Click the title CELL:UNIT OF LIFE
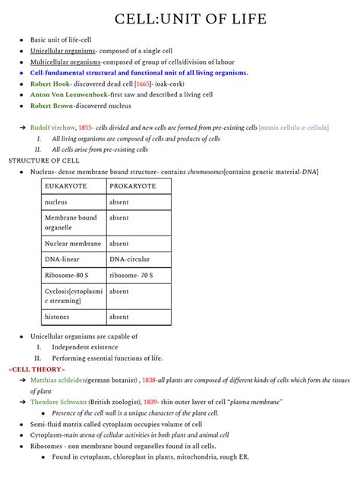[x=181, y=17]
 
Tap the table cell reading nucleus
[x=56, y=203]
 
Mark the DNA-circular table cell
[x=129, y=260]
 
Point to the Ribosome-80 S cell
[x=67, y=275]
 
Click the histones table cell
[x=57, y=317]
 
